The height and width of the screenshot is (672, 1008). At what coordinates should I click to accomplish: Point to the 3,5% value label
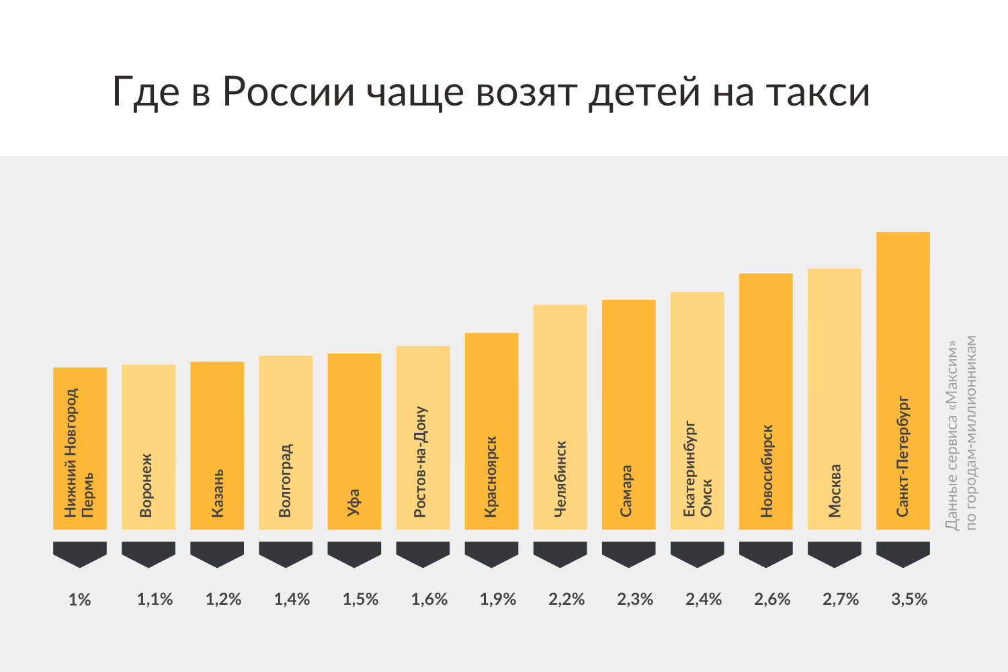909,599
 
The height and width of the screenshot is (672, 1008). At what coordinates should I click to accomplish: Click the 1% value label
79,599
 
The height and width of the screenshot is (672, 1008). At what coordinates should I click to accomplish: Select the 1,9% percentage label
498,599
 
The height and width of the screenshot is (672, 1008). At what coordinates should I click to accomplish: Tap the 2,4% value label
704,599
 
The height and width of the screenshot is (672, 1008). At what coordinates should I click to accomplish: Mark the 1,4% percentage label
292,599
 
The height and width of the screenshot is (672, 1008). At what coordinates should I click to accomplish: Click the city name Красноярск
491,476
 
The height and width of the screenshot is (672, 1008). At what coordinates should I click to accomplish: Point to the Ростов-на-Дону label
421,461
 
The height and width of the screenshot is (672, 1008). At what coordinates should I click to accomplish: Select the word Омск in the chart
706,498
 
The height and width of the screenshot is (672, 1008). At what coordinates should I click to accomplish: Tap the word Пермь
88,495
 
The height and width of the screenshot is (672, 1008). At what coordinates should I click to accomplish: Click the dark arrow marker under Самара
628,553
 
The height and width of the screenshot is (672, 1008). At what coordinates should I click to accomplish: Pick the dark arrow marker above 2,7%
834,553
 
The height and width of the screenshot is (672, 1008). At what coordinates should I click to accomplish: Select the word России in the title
288,92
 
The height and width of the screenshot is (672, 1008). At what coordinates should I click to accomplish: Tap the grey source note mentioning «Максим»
960,433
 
